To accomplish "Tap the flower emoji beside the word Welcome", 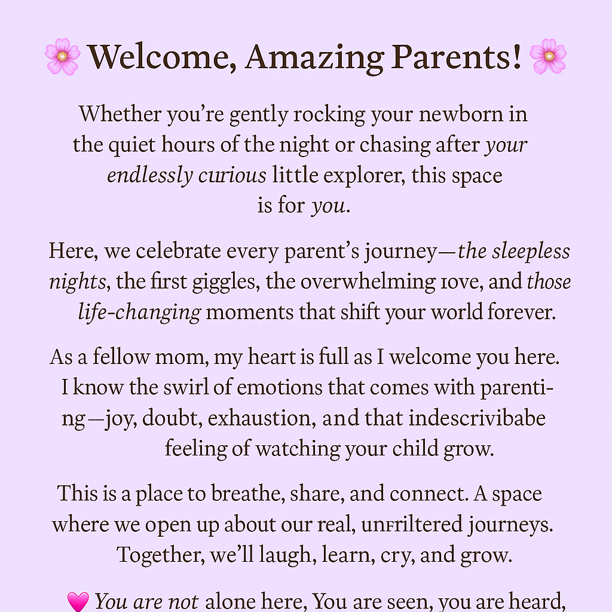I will [62, 57].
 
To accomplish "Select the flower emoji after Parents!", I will [547, 57].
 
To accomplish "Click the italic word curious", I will [232, 175].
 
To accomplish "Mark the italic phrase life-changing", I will [139, 312].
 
